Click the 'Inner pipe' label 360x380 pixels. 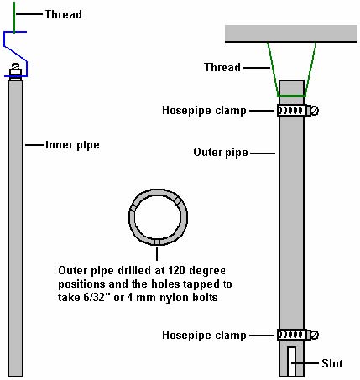point(72,145)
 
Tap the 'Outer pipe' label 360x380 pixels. point(221,153)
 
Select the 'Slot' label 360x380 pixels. point(332,363)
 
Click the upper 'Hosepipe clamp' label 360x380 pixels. point(204,110)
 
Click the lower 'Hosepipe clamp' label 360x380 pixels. point(204,335)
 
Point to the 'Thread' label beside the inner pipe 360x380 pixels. point(64,14)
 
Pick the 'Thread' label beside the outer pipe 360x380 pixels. point(222,67)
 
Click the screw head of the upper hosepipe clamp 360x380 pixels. point(315,111)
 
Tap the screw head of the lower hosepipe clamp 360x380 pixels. point(315,335)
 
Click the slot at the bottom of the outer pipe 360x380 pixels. point(291,362)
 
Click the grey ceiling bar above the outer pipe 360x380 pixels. point(291,34)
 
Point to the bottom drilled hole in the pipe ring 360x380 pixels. point(157,242)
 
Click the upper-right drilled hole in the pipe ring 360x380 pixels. point(177,200)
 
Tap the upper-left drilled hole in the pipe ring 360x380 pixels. point(133,207)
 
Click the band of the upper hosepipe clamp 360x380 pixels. point(290,111)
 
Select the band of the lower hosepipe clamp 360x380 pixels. point(290,335)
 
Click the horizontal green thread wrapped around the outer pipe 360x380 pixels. point(291,96)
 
